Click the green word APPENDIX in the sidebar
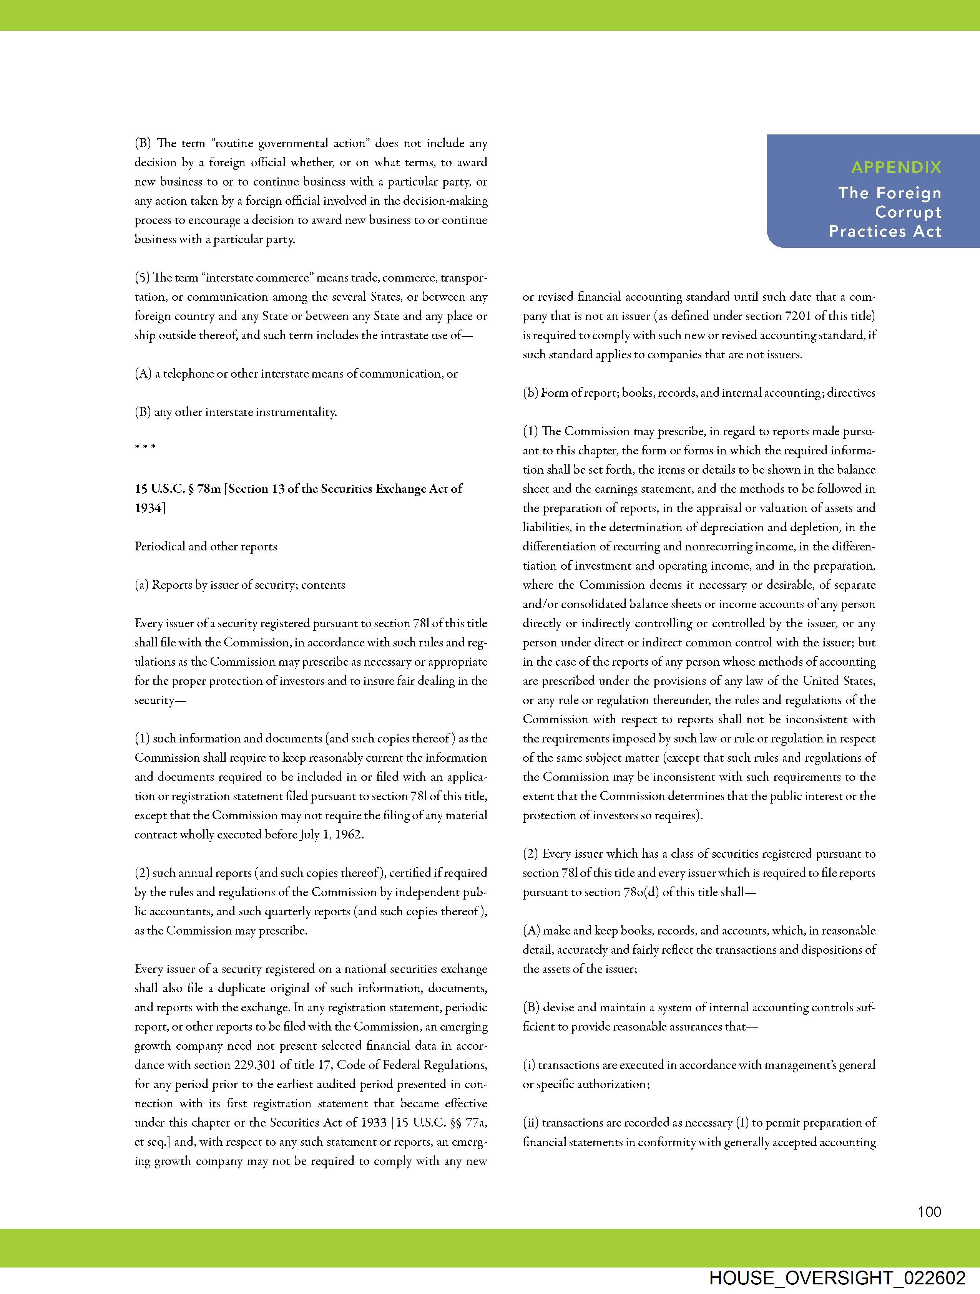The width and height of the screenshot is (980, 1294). (x=896, y=167)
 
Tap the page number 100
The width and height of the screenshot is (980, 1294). (x=929, y=1211)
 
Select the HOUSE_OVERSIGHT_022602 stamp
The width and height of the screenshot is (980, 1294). (x=837, y=1277)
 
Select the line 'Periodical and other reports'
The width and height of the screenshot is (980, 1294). (x=206, y=547)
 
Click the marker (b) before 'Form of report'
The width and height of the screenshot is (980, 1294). (x=530, y=393)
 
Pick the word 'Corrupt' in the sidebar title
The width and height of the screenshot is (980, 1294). (x=908, y=212)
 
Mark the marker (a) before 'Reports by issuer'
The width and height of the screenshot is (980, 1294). (x=142, y=585)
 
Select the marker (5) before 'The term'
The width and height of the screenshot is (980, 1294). (x=142, y=278)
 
